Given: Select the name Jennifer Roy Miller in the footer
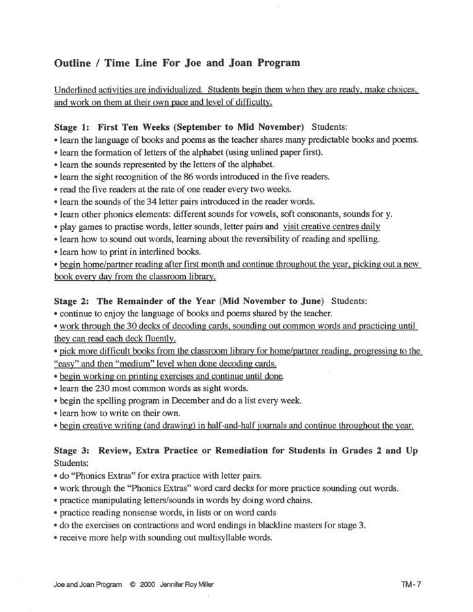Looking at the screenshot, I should pos(195,583).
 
